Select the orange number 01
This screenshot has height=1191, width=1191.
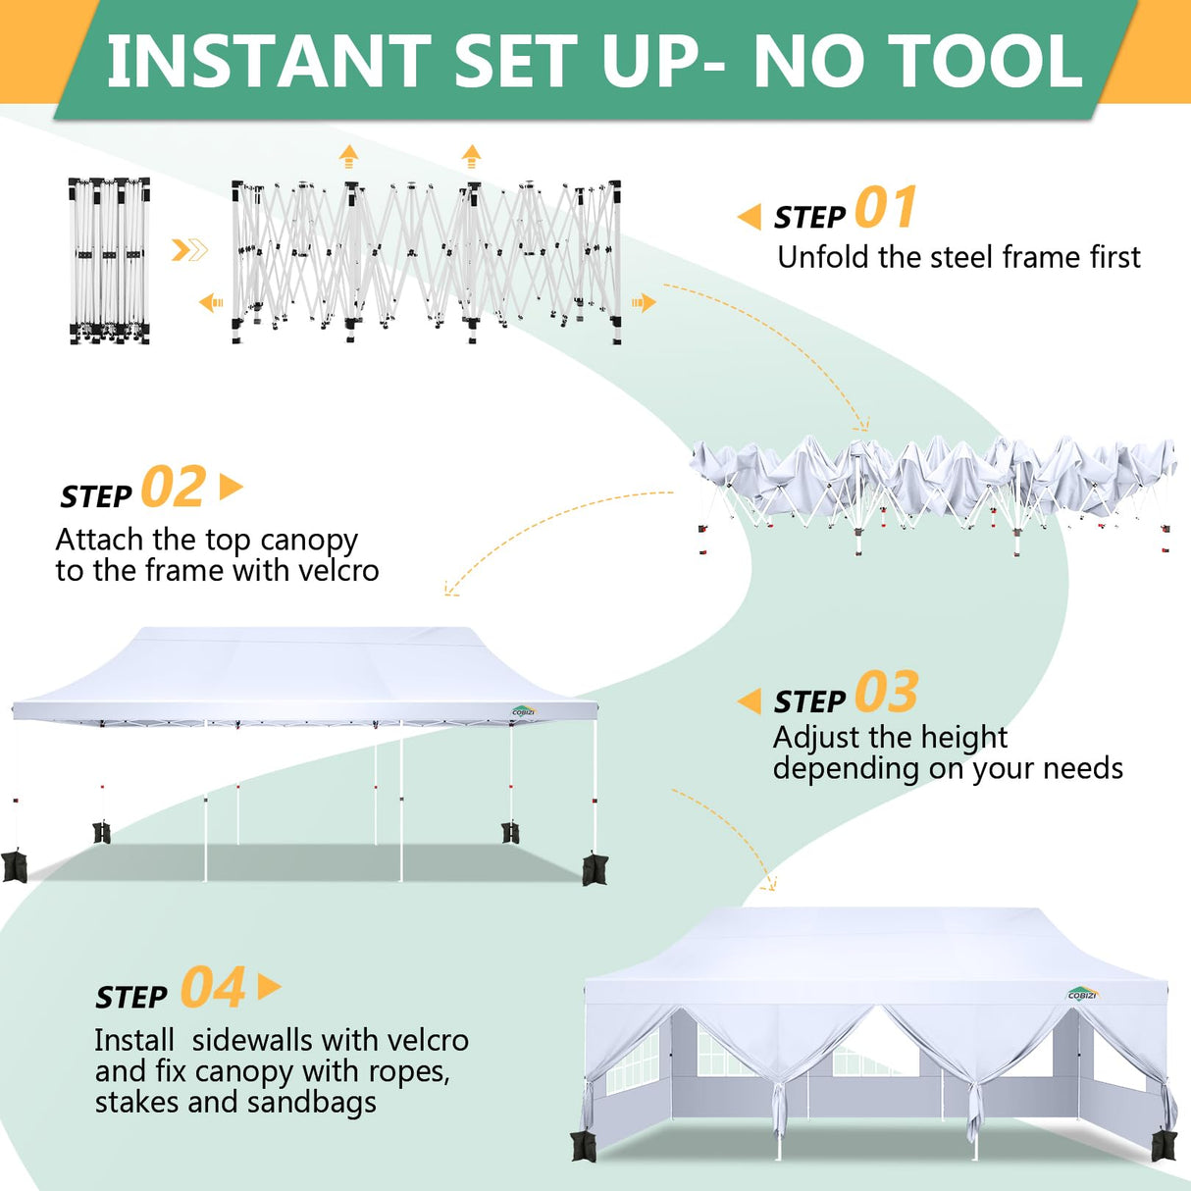click(886, 208)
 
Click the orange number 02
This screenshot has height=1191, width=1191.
click(174, 488)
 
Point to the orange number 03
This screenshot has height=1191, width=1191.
click(886, 693)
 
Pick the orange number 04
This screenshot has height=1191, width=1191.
click(213, 988)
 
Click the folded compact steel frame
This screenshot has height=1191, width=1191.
click(109, 261)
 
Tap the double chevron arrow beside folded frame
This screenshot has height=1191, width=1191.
click(189, 250)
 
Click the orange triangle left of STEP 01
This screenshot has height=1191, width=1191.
click(750, 217)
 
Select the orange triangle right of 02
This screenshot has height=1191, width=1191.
click(231, 487)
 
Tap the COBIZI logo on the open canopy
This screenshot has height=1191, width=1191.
click(524, 711)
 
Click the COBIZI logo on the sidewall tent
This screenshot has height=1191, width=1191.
click(1083, 994)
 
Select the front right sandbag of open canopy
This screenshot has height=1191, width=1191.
click(595, 869)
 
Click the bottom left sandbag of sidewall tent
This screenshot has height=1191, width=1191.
click(583, 1146)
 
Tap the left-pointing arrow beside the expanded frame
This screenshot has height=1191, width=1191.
click(211, 303)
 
